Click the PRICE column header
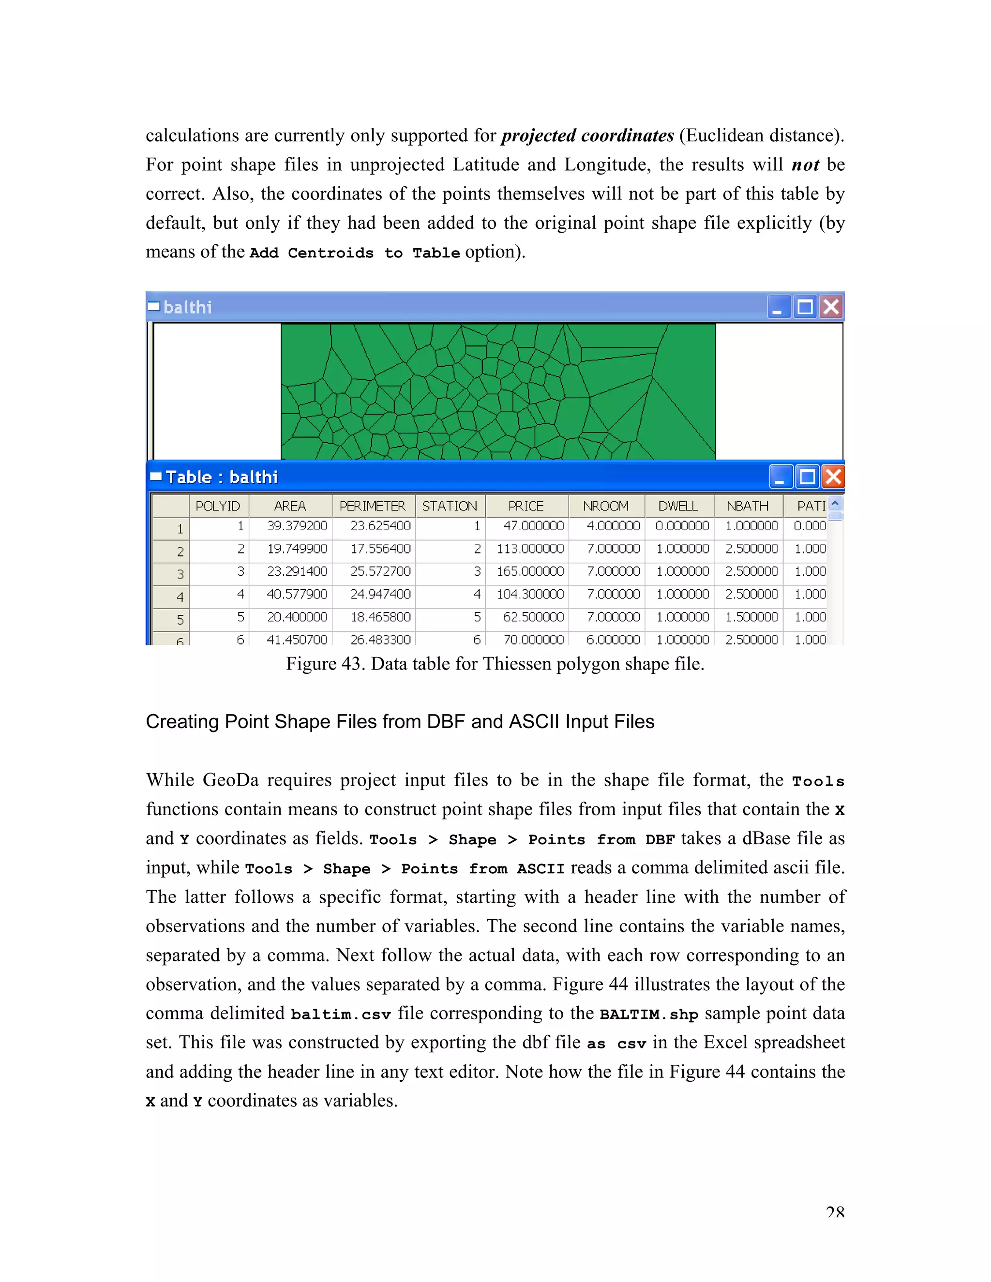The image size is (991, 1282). pyautogui.click(x=526, y=506)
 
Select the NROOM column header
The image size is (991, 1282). pyautogui.click(x=605, y=506)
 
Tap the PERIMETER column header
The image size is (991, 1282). pyautogui.click(x=372, y=506)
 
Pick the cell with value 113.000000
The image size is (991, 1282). pyautogui.click(x=530, y=549)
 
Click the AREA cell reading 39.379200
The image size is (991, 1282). pyautogui.click(x=297, y=526)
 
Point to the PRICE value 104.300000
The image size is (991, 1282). pyautogui.click(x=530, y=594)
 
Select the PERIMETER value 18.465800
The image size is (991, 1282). pyautogui.click(x=380, y=617)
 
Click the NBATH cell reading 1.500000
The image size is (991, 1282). pyautogui.click(x=751, y=617)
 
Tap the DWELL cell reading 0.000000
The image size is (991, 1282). pyautogui.click(x=682, y=526)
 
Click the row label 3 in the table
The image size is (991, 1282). pyautogui.click(x=180, y=575)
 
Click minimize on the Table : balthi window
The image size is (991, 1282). pyautogui.click(x=780, y=477)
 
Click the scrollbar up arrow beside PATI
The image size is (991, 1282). pyautogui.click(x=835, y=504)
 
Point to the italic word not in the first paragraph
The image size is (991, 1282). pyautogui.click(x=805, y=165)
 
